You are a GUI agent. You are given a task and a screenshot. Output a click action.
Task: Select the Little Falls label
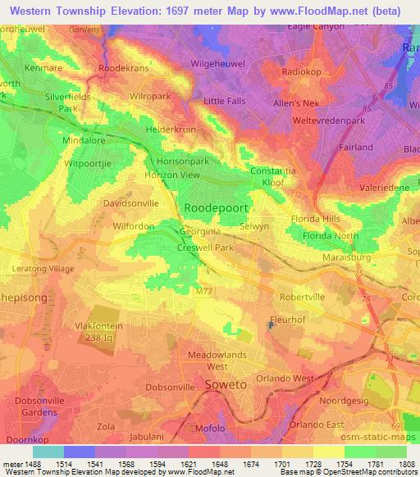[x=225, y=101]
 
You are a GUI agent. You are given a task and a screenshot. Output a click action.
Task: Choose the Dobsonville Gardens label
[x=38, y=406]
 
